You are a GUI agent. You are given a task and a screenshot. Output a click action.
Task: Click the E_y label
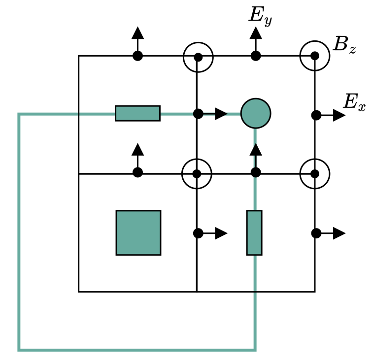pos(260,16)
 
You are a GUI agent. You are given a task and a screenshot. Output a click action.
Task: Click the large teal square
pos(138,232)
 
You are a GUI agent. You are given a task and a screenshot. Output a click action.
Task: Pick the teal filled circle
pos(255,113)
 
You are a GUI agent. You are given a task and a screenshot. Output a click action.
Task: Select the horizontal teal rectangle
pos(137,113)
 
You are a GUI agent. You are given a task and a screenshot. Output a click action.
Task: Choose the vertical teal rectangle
pos(254,232)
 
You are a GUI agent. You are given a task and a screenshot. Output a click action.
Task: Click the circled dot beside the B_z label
pos(315,56)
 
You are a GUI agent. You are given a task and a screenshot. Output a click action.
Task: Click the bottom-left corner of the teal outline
pos(19,350)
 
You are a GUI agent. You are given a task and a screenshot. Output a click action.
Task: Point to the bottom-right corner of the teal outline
pos(255,350)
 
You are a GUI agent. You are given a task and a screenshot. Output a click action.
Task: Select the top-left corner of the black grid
pos(79,56)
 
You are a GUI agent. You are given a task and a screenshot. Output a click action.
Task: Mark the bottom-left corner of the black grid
pos(79,292)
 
